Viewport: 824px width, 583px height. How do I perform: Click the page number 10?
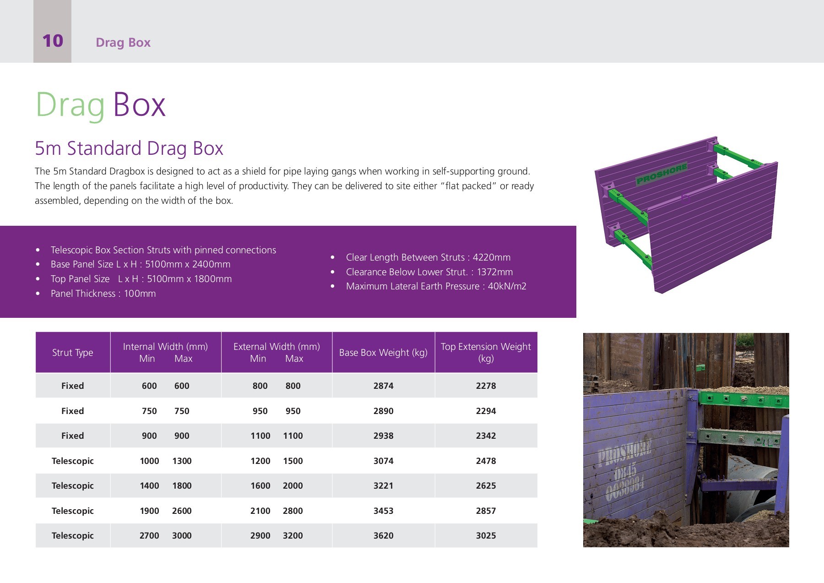click(53, 41)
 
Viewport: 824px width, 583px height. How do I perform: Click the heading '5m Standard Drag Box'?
click(129, 148)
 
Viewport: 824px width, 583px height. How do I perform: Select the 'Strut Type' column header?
click(72, 352)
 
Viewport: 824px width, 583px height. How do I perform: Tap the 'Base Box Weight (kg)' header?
click(383, 352)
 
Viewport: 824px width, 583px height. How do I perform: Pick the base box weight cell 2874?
click(383, 386)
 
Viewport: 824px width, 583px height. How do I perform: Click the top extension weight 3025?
click(486, 535)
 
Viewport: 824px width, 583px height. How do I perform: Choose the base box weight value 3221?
click(383, 485)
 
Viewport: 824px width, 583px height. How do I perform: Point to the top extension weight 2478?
click(486, 461)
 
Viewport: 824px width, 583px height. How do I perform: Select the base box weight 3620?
click(383, 535)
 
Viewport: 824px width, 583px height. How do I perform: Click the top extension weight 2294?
click(486, 411)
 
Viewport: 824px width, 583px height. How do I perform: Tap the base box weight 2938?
click(383, 436)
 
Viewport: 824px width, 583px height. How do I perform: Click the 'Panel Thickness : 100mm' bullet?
click(103, 294)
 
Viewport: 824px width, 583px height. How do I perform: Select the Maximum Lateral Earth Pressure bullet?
click(436, 286)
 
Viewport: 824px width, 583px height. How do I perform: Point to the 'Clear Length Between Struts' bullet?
click(428, 257)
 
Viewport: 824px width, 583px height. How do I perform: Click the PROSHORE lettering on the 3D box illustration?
click(661, 174)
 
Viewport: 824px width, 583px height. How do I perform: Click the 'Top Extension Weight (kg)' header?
click(486, 352)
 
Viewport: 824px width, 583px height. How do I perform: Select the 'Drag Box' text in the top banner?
click(123, 43)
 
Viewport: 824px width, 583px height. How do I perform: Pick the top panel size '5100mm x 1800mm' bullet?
click(141, 279)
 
